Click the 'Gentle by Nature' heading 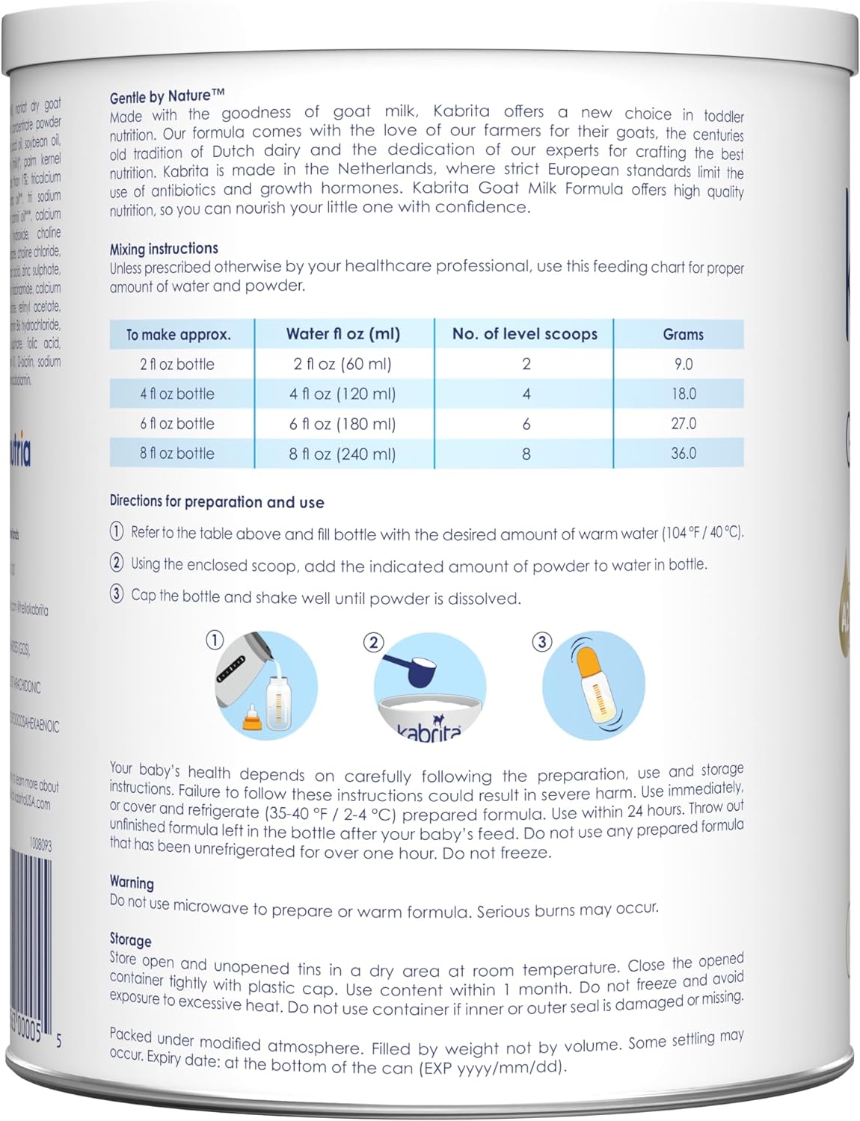click(x=167, y=96)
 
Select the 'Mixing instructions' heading click(x=164, y=248)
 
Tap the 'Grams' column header click(x=683, y=334)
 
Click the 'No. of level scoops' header click(x=524, y=334)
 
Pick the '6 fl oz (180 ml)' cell click(x=343, y=424)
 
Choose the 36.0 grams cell click(x=683, y=454)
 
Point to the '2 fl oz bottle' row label click(x=177, y=364)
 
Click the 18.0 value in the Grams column click(x=683, y=394)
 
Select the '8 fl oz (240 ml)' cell click(x=343, y=454)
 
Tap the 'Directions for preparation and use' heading click(x=217, y=501)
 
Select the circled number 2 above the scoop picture click(x=372, y=643)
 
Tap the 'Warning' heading click(x=132, y=882)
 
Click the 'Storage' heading click(x=130, y=939)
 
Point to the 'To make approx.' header click(x=178, y=334)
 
